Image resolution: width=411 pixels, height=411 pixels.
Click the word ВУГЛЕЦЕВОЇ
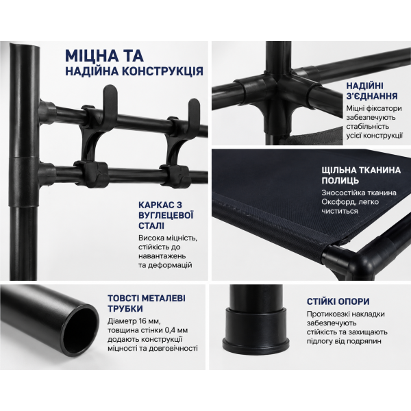click(x=166, y=215)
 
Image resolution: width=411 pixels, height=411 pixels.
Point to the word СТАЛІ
click(x=151, y=225)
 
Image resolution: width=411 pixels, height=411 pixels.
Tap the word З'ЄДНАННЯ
click(x=372, y=96)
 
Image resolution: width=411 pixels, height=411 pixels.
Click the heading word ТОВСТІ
click(x=124, y=298)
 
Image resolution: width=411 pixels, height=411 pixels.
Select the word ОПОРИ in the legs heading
click(x=354, y=301)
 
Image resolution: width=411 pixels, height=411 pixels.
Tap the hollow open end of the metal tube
click(x=81, y=329)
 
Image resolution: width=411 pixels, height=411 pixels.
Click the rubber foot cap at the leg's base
click(x=256, y=330)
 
